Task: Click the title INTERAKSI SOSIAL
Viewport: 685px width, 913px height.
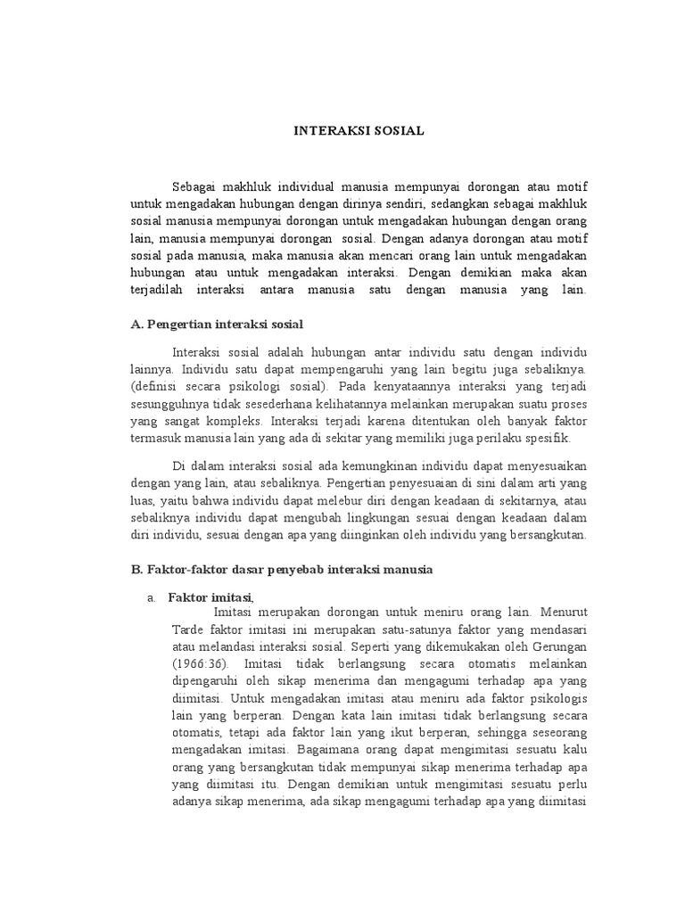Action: pyautogui.click(x=359, y=130)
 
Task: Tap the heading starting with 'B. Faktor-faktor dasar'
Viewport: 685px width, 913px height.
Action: pyautogui.click(x=281, y=570)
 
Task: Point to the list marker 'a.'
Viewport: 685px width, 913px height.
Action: pyautogui.click(x=152, y=596)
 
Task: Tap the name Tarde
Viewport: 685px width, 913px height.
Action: pyautogui.click(x=186, y=629)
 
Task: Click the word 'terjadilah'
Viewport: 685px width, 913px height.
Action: pyautogui.click(x=158, y=291)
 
